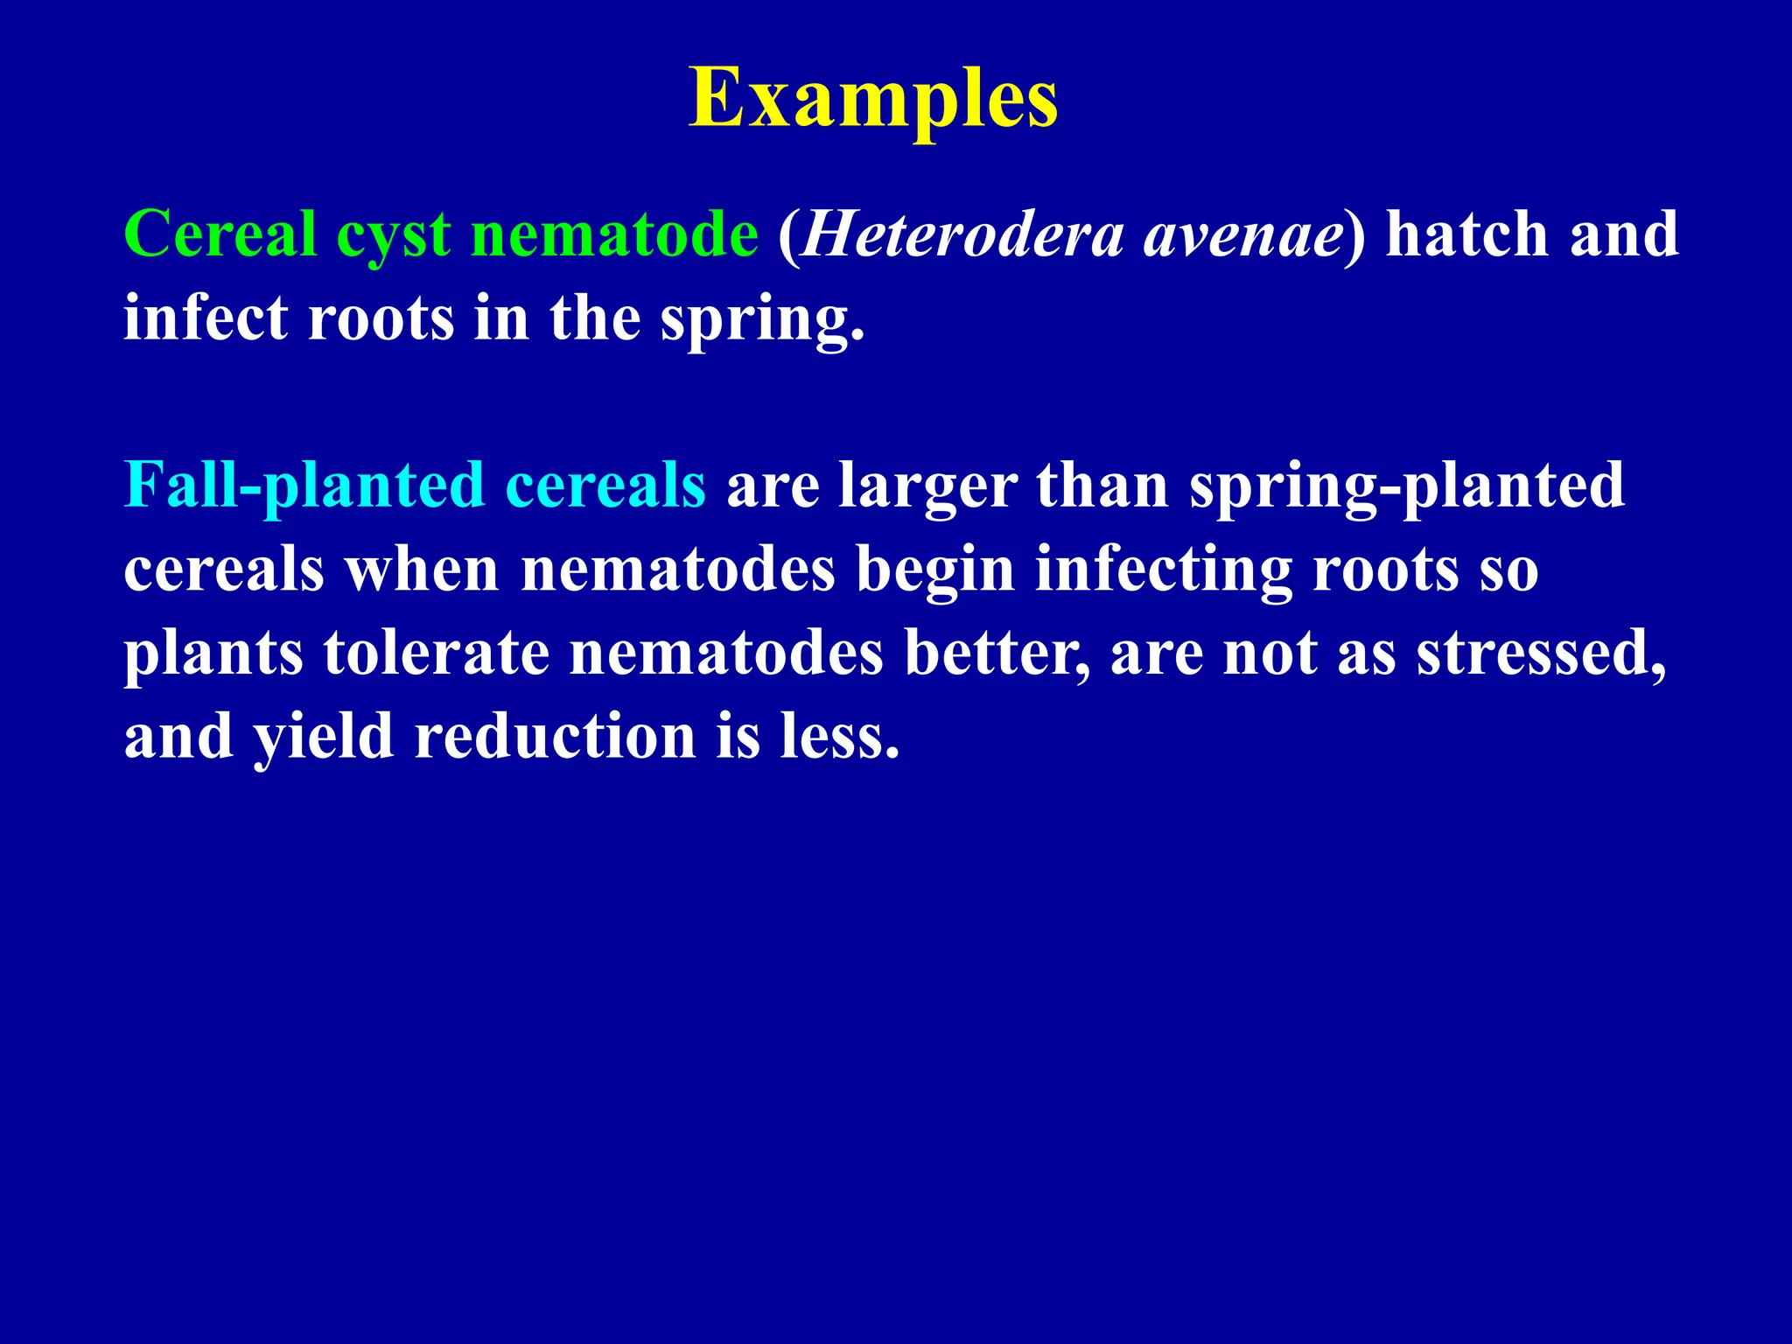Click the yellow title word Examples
click(873, 99)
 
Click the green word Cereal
click(220, 234)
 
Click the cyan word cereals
click(605, 486)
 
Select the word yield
click(323, 737)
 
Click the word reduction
click(555, 737)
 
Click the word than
click(1102, 486)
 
